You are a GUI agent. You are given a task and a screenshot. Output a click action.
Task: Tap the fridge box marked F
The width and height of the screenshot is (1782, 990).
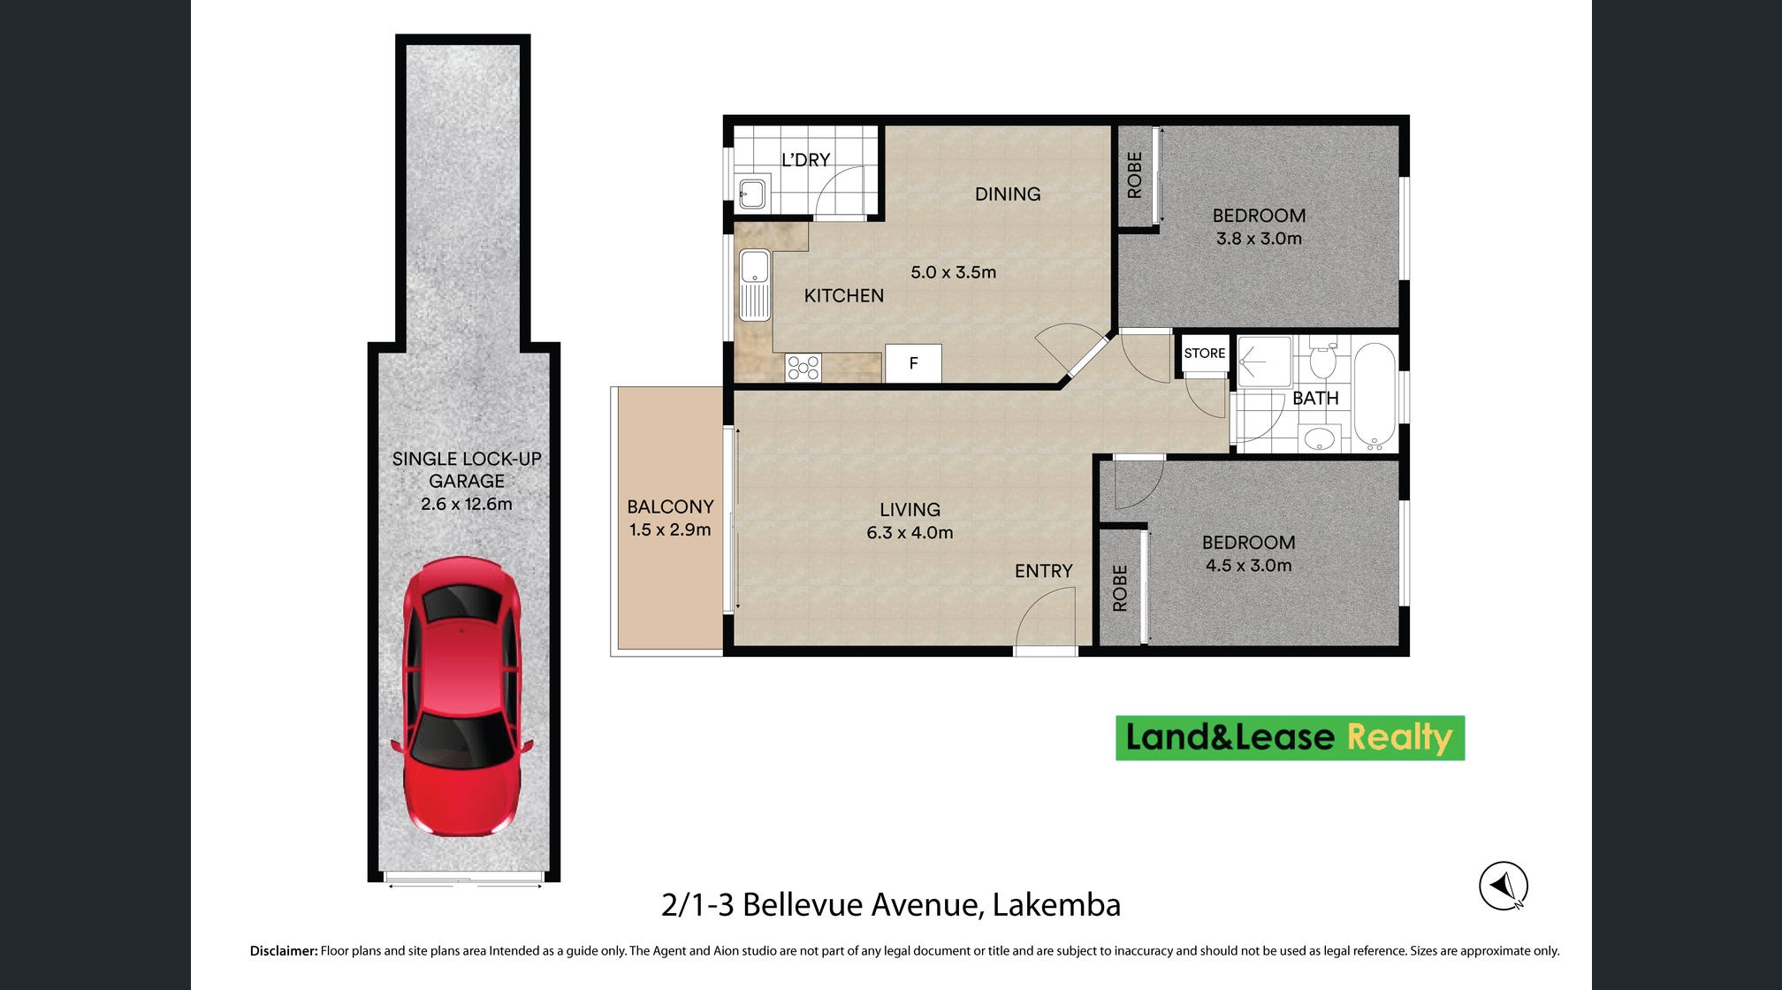pos(913,363)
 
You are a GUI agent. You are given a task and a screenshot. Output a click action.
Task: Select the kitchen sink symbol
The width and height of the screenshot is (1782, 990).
pos(755,285)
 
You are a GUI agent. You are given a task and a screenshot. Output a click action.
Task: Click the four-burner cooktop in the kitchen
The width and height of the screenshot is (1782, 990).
pos(803,368)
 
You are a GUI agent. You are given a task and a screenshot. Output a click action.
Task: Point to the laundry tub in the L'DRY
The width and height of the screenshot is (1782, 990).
pos(752,194)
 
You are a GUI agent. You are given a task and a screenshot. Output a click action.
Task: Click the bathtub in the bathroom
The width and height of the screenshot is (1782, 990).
pos(1375,396)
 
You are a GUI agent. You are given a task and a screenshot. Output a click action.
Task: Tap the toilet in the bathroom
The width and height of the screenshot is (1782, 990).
pos(1322,359)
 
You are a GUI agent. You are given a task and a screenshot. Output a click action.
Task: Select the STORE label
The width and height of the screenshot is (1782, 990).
pos(1205,353)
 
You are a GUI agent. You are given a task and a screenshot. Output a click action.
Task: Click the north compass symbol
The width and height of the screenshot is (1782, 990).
pos(1504,886)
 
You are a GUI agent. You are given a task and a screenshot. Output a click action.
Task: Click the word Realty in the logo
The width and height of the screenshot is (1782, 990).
pos(1399,738)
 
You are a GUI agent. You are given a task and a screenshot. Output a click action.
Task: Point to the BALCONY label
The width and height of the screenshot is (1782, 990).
pos(670,506)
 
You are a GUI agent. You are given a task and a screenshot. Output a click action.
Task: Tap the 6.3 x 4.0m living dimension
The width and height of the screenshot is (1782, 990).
pos(910,532)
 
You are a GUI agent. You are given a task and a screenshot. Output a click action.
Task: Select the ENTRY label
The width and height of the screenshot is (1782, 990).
pos(1044,571)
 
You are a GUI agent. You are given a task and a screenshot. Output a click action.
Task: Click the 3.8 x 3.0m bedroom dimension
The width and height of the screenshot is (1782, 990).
pos(1259,238)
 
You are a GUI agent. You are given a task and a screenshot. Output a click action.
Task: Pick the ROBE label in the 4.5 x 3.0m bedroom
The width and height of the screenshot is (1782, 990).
pos(1120,588)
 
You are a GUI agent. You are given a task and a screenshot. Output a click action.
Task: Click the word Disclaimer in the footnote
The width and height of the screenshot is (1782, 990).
pos(284,951)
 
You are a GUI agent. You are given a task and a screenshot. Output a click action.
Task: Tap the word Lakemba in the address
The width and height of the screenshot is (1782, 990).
pos(1056,904)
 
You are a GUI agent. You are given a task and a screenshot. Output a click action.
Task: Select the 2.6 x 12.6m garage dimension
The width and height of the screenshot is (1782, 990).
pos(467,504)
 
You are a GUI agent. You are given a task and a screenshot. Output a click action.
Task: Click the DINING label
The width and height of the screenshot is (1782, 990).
pos(1008,194)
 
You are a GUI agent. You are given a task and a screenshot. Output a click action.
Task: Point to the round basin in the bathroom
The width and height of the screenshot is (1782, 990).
pos(1320,438)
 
